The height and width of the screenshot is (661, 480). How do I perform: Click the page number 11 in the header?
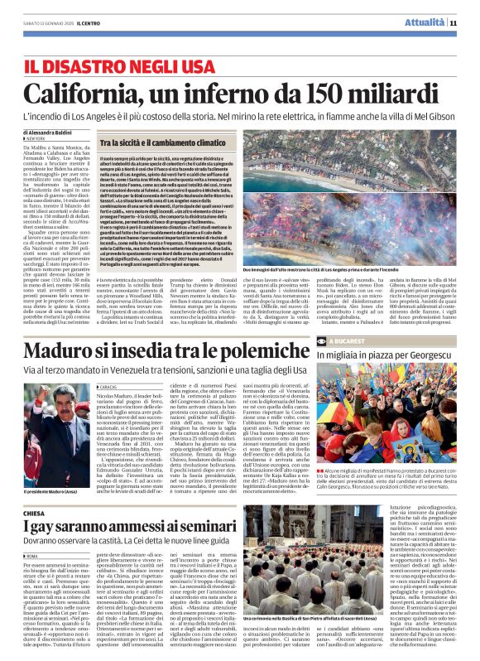point(454,22)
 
